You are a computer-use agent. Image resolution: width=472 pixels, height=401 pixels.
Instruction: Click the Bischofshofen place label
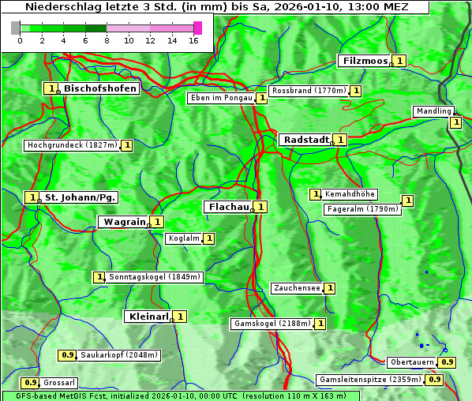[100, 88]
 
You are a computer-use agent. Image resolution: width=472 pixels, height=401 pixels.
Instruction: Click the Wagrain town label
[124, 222]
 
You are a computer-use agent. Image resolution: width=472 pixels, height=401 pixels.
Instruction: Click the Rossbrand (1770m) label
[309, 91]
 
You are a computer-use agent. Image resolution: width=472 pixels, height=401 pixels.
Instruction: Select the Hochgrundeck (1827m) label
[72, 145]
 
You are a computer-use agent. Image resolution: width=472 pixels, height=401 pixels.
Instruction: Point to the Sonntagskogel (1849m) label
[155, 277]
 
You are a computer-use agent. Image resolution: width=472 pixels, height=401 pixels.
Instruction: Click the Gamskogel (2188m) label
[272, 324]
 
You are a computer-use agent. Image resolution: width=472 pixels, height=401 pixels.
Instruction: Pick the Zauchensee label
[297, 288]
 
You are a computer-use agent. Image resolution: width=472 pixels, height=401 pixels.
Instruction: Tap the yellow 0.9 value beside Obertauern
[448, 362]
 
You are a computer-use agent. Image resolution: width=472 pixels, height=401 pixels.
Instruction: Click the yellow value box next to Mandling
[455, 122]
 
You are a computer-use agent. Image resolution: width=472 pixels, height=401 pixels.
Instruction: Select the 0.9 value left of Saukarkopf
[68, 355]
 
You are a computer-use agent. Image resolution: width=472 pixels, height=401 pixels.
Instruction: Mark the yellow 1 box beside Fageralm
[407, 200]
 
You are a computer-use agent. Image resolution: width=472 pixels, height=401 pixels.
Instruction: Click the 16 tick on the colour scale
[194, 40]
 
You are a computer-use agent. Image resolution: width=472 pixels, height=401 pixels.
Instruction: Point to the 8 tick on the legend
[107, 40]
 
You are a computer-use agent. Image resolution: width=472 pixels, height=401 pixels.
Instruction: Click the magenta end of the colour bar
[197, 28]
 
